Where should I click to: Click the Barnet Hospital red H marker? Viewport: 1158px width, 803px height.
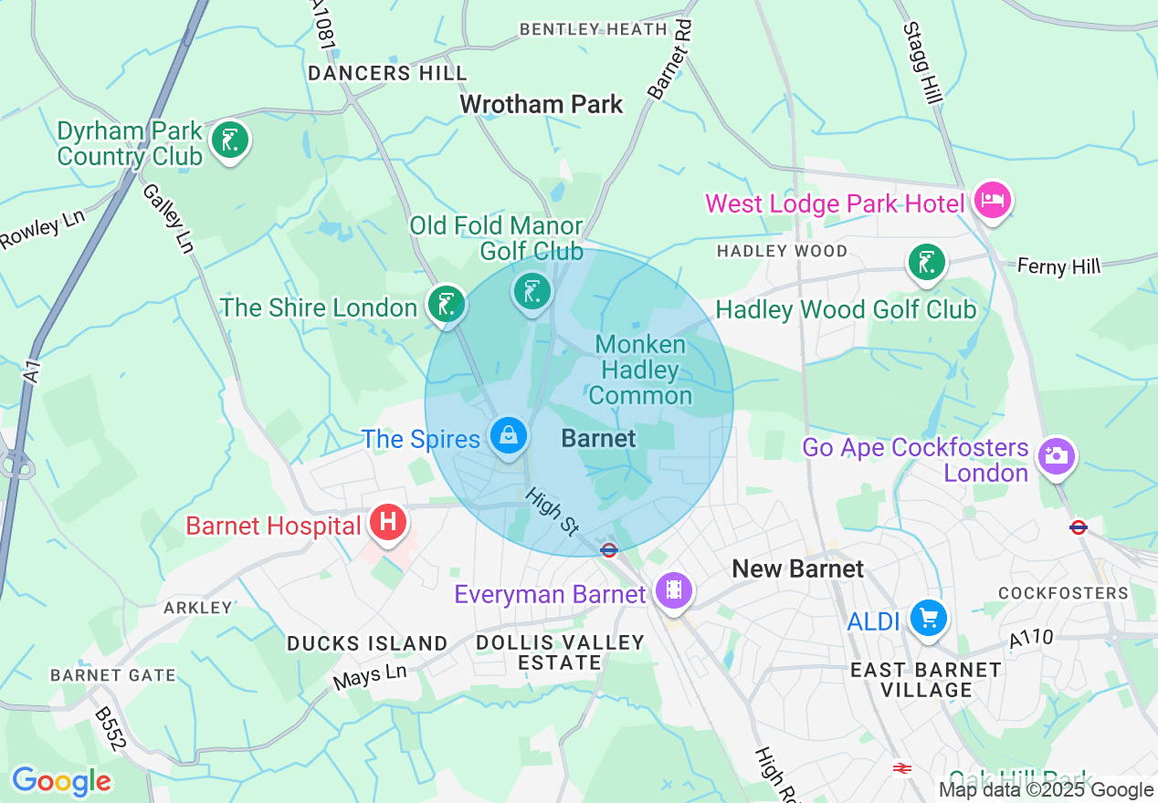(x=388, y=524)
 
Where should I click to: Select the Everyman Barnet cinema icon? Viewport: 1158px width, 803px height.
(x=674, y=589)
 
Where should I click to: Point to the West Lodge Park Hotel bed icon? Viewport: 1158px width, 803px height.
(x=992, y=200)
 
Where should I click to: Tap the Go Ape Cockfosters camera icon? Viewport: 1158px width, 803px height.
(x=1056, y=456)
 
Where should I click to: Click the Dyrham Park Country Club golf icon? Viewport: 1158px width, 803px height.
(x=229, y=141)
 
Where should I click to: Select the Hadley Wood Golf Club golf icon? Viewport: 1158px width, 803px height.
(x=926, y=262)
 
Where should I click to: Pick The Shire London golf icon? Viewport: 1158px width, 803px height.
(x=447, y=304)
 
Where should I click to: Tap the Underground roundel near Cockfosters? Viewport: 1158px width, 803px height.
(x=1079, y=527)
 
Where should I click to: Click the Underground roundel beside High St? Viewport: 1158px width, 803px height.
(x=609, y=550)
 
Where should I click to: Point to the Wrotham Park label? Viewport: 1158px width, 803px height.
(x=542, y=104)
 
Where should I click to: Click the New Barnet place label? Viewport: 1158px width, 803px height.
(x=797, y=569)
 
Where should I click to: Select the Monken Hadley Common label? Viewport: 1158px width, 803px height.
(x=642, y=370)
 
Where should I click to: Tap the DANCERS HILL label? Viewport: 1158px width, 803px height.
(x=387, y=73)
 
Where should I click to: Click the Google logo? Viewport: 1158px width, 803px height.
(x=61, y=781)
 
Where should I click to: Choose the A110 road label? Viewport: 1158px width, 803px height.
(x=1031, y=640)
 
